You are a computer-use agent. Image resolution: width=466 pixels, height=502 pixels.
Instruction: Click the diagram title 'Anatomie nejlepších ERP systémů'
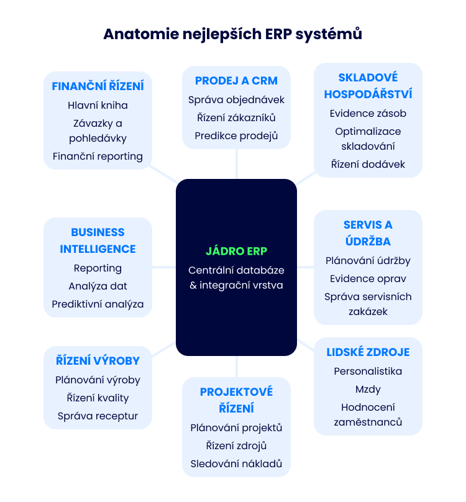233,34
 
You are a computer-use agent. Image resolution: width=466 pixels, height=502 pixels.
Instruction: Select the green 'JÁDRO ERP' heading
236,251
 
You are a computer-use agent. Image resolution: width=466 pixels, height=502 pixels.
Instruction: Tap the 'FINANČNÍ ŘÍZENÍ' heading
98,86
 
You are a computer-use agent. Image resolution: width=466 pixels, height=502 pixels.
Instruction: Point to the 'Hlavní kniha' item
98,106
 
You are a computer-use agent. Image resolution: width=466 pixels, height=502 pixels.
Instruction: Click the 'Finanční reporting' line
98,157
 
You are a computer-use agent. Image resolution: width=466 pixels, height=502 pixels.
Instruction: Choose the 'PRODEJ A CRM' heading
236,81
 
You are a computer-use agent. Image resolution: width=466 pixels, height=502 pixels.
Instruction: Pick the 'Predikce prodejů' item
236,136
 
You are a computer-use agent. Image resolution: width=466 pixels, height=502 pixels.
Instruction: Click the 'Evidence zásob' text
368,113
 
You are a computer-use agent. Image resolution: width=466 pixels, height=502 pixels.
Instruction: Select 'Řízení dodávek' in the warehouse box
368,164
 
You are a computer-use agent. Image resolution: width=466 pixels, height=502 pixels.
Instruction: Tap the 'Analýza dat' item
98,286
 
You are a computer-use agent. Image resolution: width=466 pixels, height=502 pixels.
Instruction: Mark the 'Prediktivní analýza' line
98,304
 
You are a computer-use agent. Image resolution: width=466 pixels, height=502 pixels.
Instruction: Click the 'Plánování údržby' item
368,261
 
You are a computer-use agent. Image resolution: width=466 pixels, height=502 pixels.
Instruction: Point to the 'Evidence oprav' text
368,279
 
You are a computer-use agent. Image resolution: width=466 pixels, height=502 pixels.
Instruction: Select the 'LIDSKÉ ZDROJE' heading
368,352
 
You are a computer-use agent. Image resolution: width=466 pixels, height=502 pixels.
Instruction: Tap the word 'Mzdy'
368,390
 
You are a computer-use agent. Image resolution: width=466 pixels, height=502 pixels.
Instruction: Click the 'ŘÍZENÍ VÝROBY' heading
98,360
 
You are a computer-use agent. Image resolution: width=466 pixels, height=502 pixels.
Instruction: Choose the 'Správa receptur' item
98,416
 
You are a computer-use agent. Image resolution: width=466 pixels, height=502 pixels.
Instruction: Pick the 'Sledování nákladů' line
236,464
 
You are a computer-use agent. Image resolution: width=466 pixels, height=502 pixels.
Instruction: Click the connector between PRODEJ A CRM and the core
237,164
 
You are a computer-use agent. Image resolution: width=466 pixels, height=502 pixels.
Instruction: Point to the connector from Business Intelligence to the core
164,267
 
